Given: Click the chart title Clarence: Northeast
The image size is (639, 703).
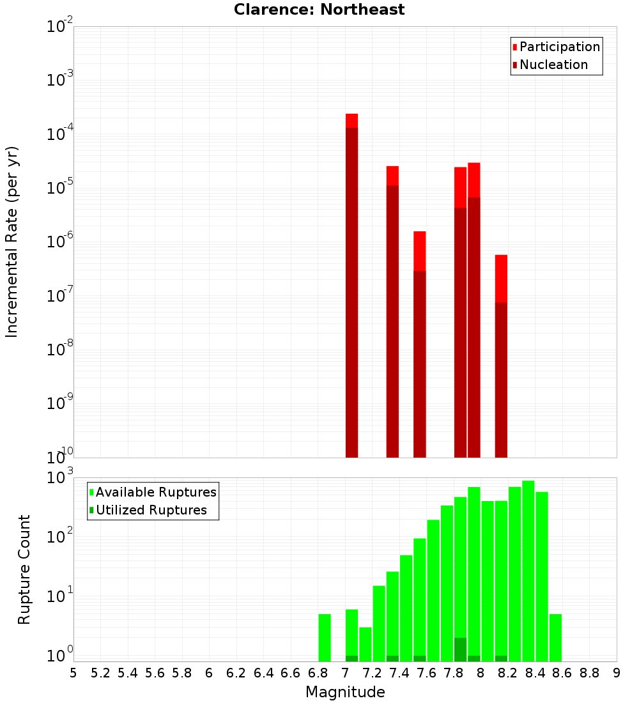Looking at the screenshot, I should coord(319,10).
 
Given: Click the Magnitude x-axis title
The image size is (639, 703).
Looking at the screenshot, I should coord(345,692).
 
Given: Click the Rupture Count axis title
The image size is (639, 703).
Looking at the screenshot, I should coord(24,569).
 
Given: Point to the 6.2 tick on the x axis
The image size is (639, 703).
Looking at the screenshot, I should coord(236,673).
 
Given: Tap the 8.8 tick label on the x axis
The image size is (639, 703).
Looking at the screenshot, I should coord(589,673).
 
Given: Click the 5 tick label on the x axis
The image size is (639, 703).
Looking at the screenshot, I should coord(73,673).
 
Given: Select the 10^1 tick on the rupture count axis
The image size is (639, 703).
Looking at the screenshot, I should coord(60,598).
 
